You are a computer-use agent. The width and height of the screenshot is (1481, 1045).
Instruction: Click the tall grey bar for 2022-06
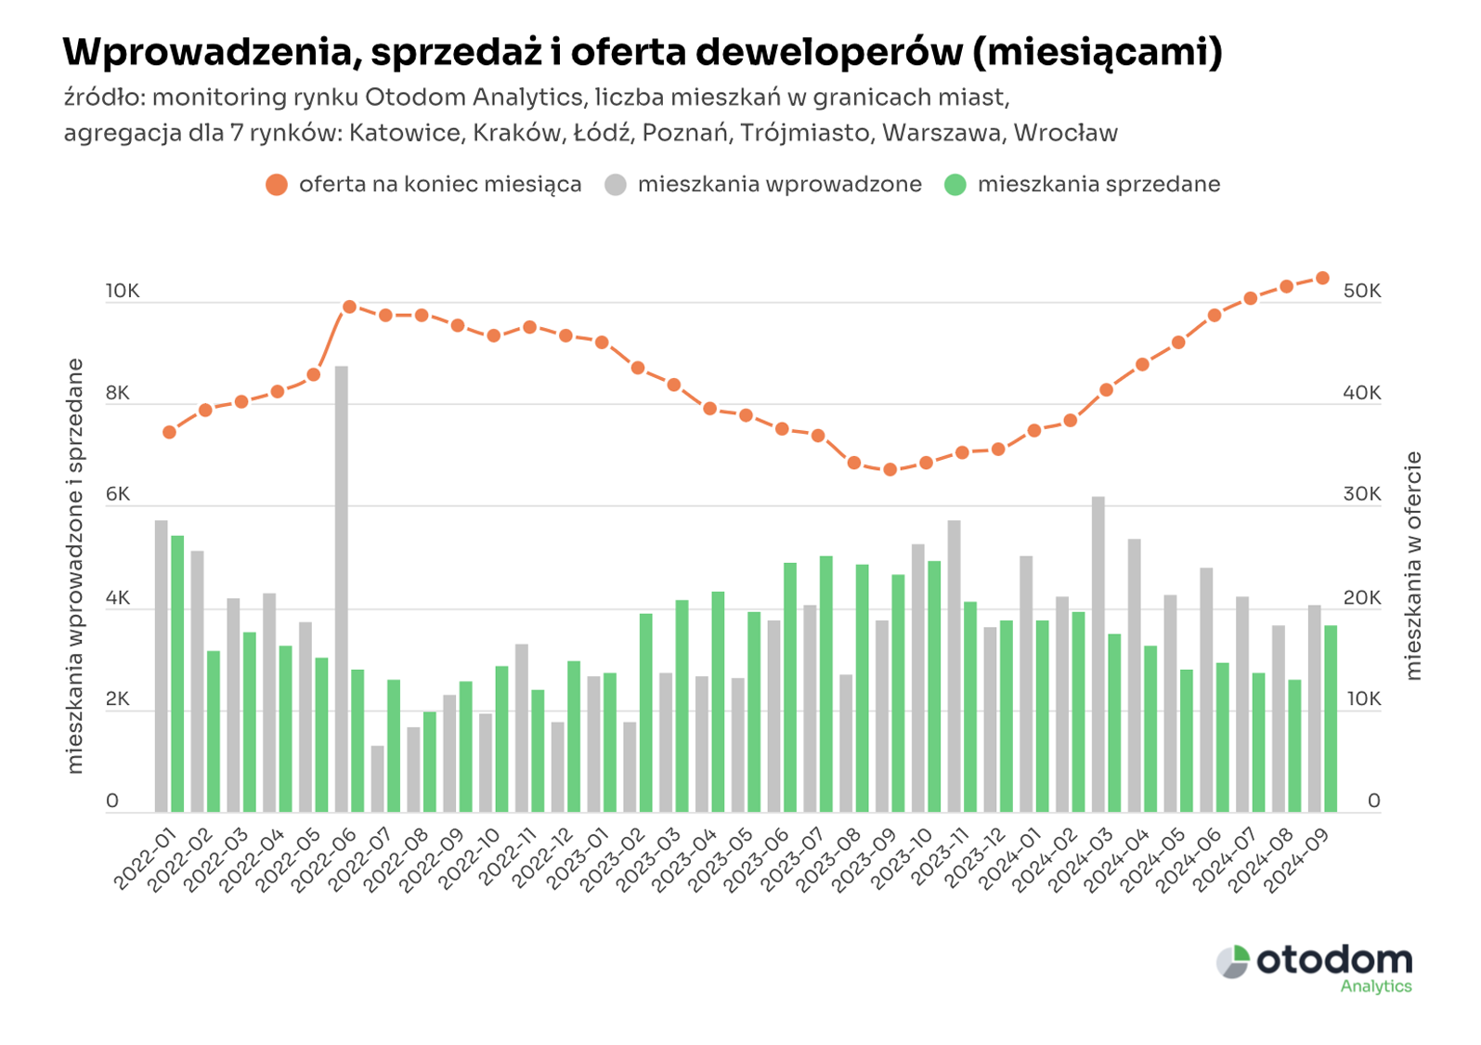(342, 589)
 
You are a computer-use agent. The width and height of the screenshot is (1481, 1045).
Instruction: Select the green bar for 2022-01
(177, 673)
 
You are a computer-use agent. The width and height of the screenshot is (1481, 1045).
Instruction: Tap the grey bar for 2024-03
(1098, 654)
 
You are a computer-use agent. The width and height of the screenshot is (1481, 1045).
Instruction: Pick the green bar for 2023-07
(826, 684)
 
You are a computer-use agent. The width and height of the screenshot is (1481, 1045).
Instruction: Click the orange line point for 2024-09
(1323, 279)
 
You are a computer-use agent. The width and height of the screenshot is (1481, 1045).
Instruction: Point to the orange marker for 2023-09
(890, 470)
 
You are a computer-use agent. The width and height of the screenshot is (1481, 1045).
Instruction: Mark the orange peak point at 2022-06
(350, 307)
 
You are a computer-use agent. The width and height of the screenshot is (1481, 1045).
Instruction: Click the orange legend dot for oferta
(277, 185)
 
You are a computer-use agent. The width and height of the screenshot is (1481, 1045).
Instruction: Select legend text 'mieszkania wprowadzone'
(779, 185)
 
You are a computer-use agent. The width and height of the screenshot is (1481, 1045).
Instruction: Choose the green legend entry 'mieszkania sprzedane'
(1098, 185)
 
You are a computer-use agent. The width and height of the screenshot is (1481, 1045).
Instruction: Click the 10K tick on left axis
(122, 291)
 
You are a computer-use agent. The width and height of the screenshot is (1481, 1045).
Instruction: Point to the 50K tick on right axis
(1362, 291)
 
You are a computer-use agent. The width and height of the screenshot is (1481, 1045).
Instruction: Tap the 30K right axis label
(1362, 494)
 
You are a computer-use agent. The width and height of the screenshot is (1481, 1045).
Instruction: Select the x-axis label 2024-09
(1298, 859)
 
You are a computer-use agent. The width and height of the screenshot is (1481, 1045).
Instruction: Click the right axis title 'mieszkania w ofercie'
(1413, 567)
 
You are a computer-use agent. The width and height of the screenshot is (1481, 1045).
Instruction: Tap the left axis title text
(75, 567)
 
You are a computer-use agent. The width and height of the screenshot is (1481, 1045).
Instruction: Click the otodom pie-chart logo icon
(1233, 962)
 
